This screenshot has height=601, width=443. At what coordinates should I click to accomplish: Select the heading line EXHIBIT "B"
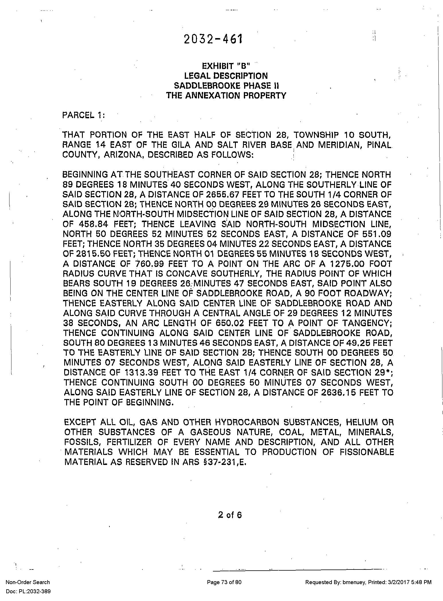(x=226, y=66)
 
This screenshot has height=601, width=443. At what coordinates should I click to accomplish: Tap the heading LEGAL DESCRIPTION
(x=226, y=76)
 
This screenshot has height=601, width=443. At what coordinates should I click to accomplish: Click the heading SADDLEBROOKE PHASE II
(x=226, y=86)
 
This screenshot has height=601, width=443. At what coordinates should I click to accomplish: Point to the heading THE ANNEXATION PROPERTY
(x=226, y=95)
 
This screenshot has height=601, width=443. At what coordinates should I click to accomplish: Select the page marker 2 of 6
(x=230, y=515)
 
